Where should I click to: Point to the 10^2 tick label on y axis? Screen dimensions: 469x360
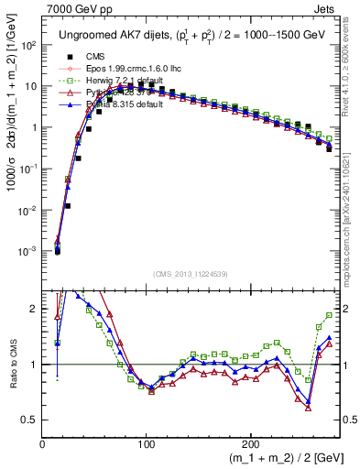pyautogui.click(x=29, y=45)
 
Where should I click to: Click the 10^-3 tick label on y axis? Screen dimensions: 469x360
pyautogui.click(x=29, y=251)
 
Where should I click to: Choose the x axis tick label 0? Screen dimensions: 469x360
pyautogui.click(x=43, y=444)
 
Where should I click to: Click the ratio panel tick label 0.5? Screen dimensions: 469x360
pyautogui.click(x=30, y=420)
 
